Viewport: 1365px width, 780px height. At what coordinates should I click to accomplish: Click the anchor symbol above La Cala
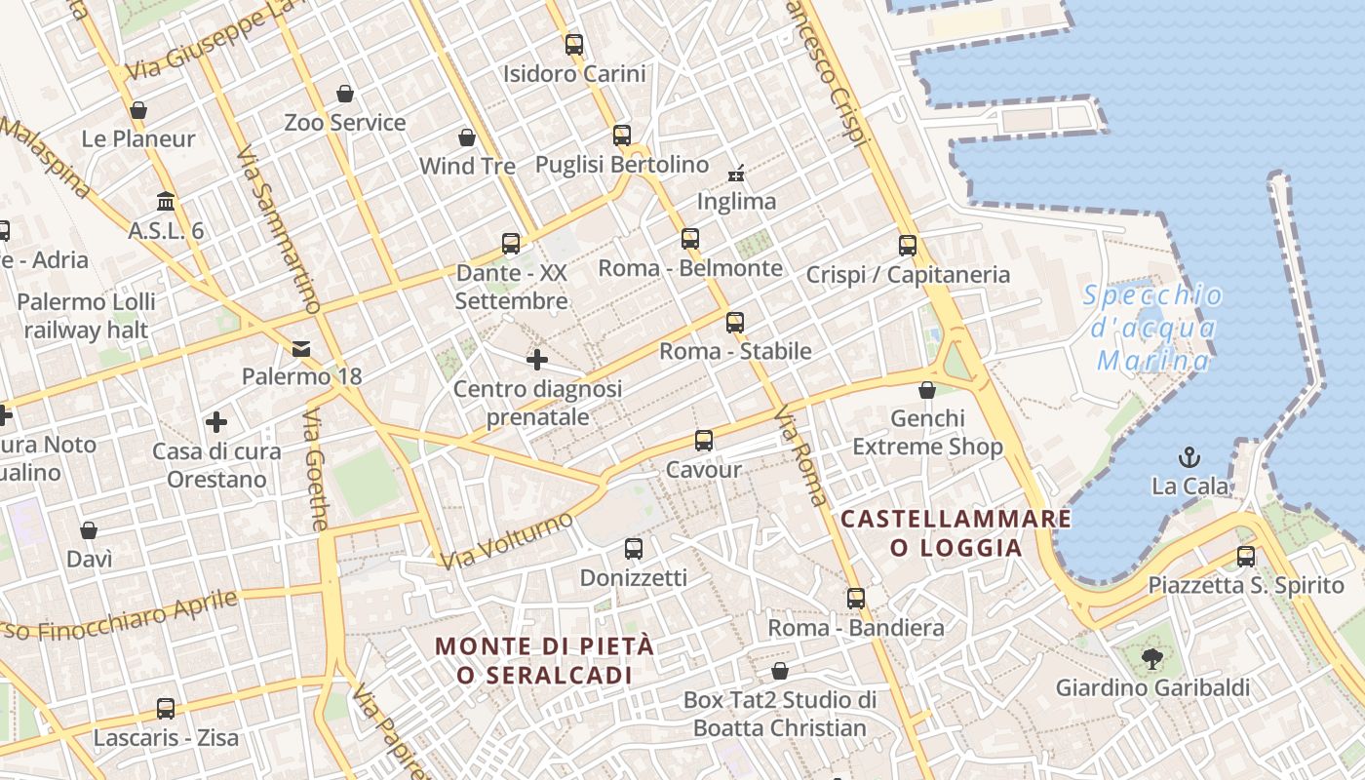1189,456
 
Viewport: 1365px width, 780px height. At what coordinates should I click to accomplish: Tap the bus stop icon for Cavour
704,440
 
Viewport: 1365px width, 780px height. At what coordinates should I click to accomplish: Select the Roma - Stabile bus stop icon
735,322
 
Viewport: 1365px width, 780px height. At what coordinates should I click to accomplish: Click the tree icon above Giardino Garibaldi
1152,658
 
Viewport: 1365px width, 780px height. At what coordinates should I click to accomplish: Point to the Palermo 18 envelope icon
301,348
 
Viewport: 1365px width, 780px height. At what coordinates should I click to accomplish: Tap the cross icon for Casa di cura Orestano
216,422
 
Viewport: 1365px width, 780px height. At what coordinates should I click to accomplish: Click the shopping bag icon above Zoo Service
344,94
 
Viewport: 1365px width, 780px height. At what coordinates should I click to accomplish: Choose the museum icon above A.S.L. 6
166,201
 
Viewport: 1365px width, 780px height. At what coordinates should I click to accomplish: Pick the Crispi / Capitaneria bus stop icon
908,245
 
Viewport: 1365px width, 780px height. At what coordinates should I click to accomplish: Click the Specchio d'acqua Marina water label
1154,329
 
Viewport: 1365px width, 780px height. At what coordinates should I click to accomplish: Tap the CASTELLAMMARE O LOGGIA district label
955,532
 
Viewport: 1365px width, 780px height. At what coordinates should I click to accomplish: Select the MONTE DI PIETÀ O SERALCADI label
544,660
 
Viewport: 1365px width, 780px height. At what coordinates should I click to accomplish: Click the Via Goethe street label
316,484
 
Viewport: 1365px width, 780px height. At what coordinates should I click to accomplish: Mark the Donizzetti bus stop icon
634,549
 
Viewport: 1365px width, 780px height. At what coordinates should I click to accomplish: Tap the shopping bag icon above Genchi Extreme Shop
927,390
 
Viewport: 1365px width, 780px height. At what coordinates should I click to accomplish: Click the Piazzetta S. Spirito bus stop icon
1245,556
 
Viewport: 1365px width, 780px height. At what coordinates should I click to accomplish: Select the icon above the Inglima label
736,174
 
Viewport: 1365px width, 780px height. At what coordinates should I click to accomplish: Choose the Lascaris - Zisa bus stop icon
166,709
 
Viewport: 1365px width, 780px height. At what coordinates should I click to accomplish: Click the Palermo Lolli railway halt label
86,316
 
